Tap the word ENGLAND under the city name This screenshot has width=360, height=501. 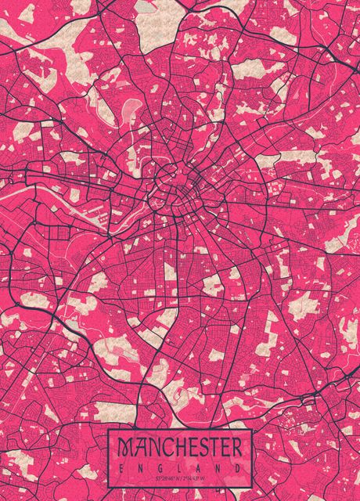pyautogui.click(x=179, y=467)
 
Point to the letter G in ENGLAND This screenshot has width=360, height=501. pyautogui.click(x=160, y=467)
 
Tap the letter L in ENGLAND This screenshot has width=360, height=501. pyautogui.click(x=179, y=467)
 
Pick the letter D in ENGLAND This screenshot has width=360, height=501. pyautogui.click(x=237, y=467)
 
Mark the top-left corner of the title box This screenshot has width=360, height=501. pyautogui.click(x=108, y=429)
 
